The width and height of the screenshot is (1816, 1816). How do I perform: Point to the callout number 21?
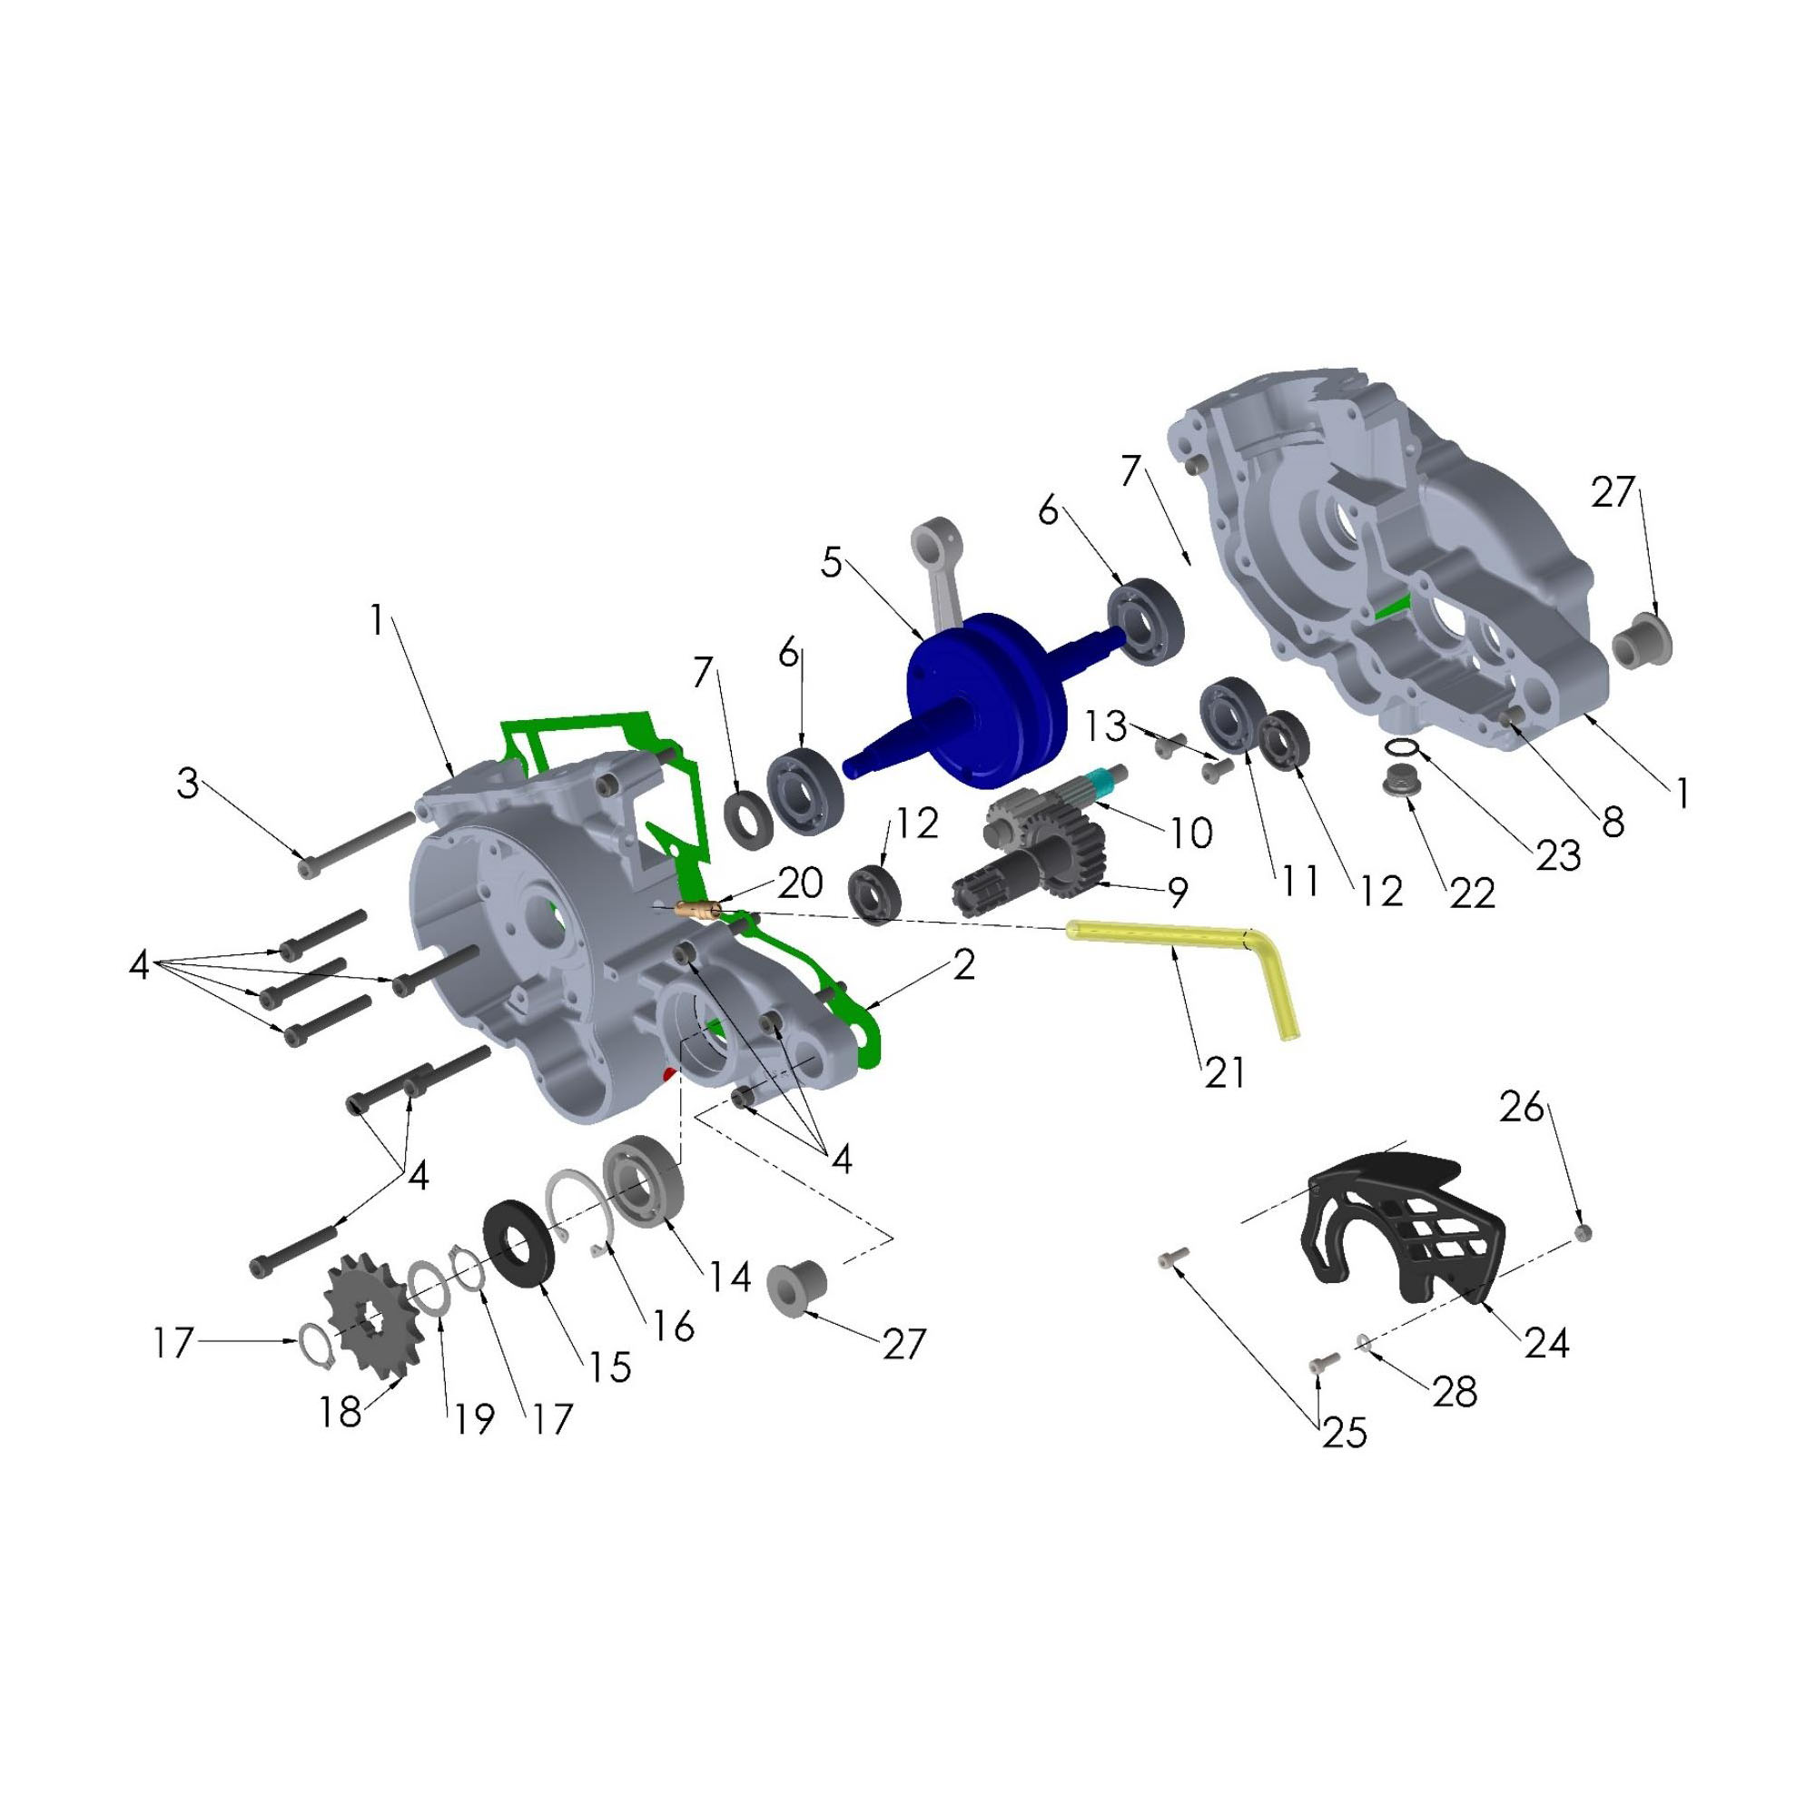(1225, 1071)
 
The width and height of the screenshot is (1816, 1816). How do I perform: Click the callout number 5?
(832, 562)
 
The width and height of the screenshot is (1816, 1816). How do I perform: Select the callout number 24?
(1547, 1343)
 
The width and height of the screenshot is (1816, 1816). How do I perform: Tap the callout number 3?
(189, 783)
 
